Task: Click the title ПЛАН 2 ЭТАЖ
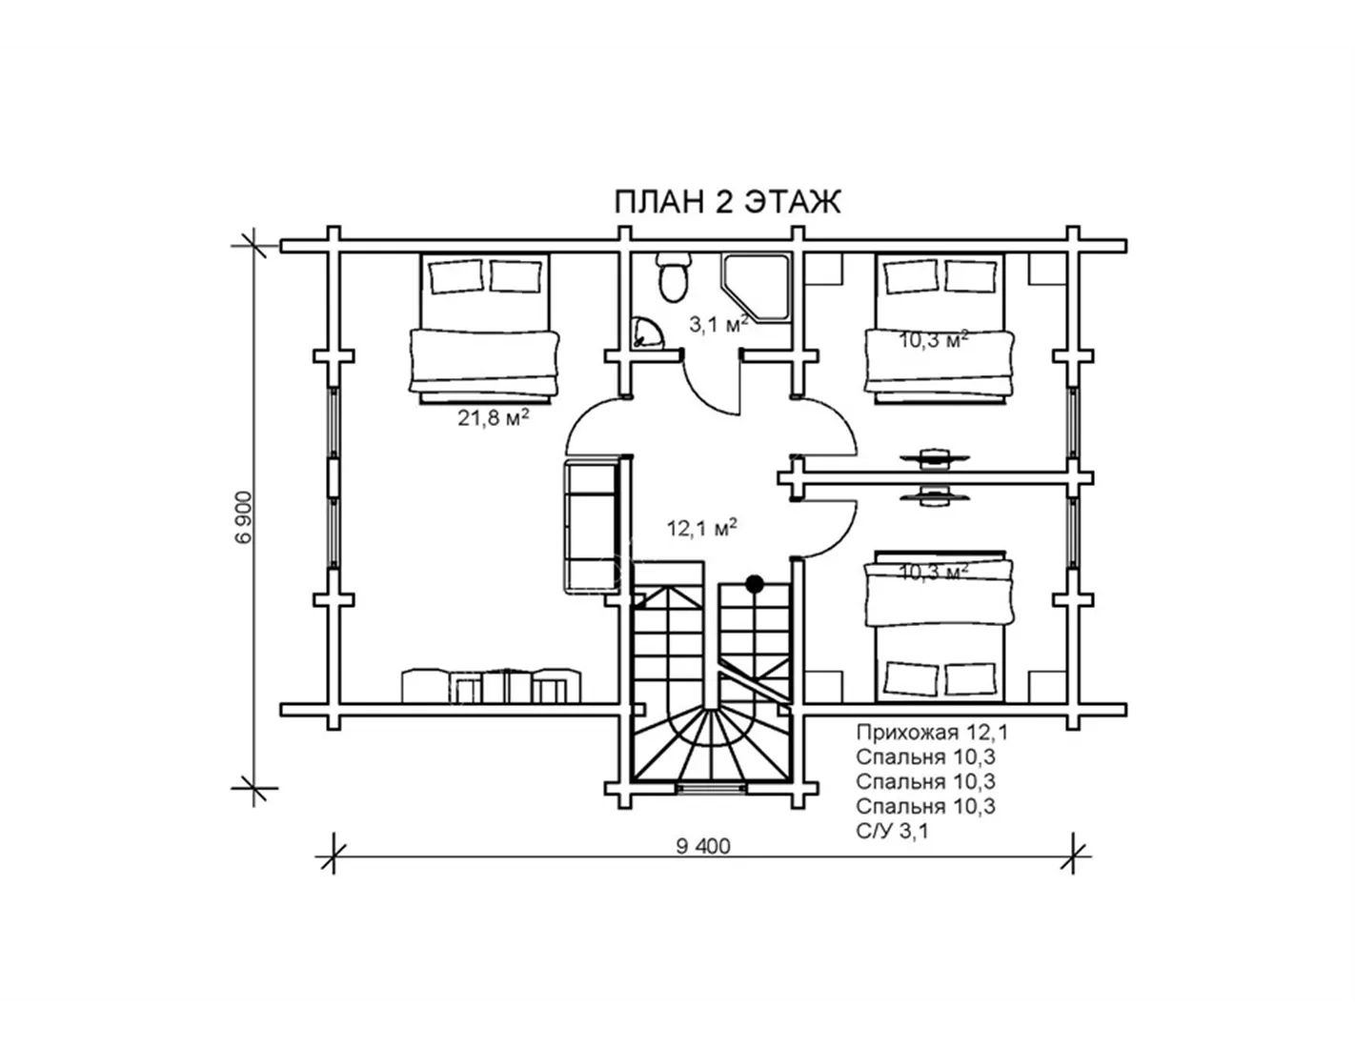tap(728, 202)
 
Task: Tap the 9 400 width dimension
tap(703, 846)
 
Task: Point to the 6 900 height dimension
tap(244, 516)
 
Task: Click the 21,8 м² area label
tap(494, 417)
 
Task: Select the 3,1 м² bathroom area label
tap(718, 324)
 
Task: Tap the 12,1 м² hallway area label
tap(701, 528)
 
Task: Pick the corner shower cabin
tap(755, 288)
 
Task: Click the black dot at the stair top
tap(755, 584)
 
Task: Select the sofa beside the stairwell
tap(592, 526)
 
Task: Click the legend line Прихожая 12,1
tap(932, 733)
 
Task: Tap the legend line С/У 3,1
tap(892, 831)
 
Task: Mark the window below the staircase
tap(712, 789)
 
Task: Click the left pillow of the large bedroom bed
tap(455, 277)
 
